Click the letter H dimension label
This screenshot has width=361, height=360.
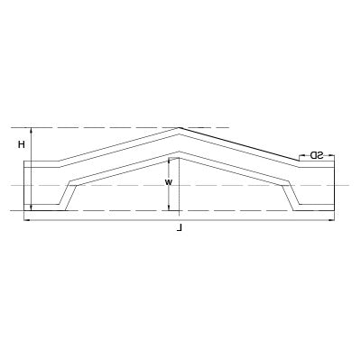tap(22, 144)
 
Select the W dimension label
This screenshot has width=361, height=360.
tap(168, 181)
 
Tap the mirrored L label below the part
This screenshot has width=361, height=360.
tap(181, 230)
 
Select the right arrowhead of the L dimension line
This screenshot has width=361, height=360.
tap(336, 219)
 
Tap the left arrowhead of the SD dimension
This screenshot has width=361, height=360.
tap(300, 154)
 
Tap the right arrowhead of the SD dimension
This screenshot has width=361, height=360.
tap(332, 154)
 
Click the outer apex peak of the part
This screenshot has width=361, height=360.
tap(179, 127)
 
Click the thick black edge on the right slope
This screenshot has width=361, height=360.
tap(239, 144)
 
